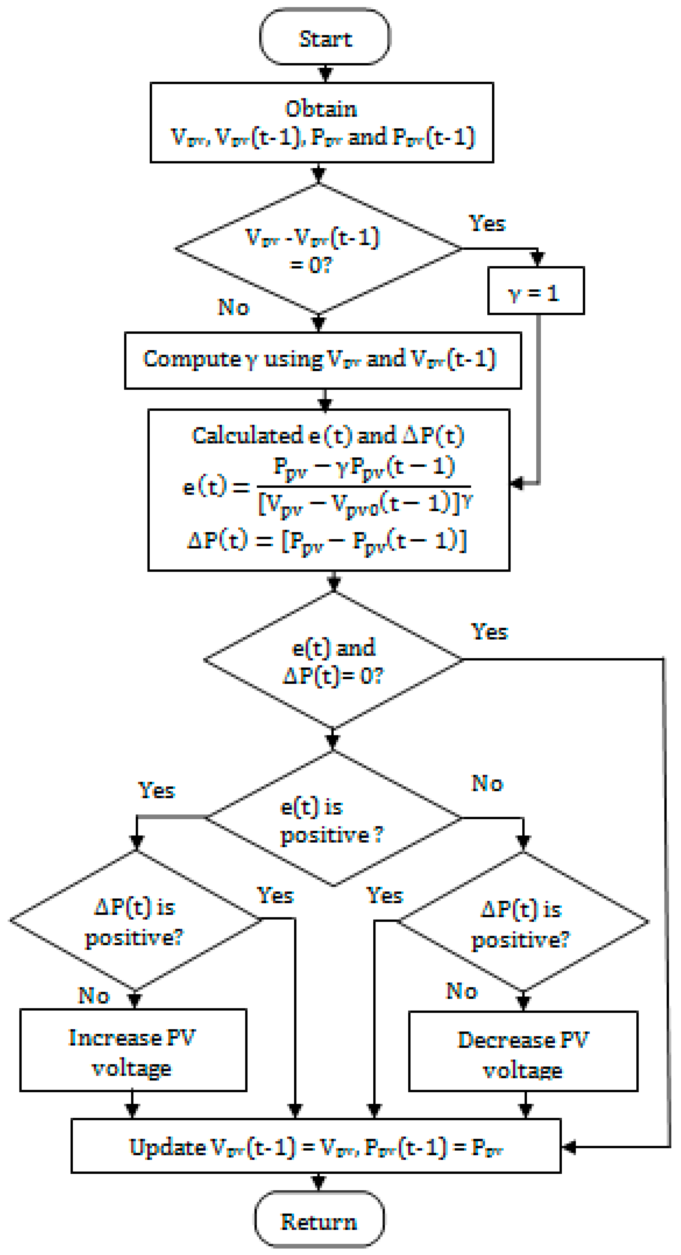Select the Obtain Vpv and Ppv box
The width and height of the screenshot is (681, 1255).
[x=321, y=122]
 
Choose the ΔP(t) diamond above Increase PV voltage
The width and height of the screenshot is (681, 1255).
[x=135, y=921]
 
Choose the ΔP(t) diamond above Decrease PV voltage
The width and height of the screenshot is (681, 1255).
[x=522, y=922]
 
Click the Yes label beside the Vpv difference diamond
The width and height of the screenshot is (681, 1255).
[x=487, y=224]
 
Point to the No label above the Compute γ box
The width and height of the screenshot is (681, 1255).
[x=233, y=307]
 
